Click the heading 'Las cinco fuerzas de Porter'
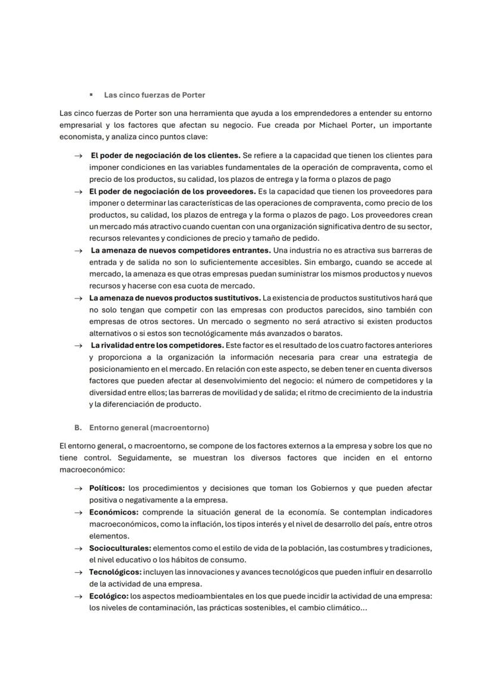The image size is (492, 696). pos(154,95)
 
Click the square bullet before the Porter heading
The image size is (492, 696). pos(91,95)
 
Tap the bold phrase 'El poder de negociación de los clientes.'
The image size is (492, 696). pos(165,155)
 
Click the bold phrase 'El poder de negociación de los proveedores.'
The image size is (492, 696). pos(172,191)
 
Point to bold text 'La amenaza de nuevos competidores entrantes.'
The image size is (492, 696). pos(181,250)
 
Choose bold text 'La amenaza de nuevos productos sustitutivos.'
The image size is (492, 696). pos(175,297)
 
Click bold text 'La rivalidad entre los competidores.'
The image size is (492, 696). pos(157,345)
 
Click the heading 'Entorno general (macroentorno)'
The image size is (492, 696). pos(149,427)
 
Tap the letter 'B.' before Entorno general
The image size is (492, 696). pos(78,427)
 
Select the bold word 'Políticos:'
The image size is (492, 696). pos(107,488)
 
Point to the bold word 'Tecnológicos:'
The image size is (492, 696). pos(115,572)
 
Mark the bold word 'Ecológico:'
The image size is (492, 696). pos(108,596)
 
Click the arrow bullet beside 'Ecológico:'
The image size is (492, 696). pos(78,596)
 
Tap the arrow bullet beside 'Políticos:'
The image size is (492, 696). pos(78,489)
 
